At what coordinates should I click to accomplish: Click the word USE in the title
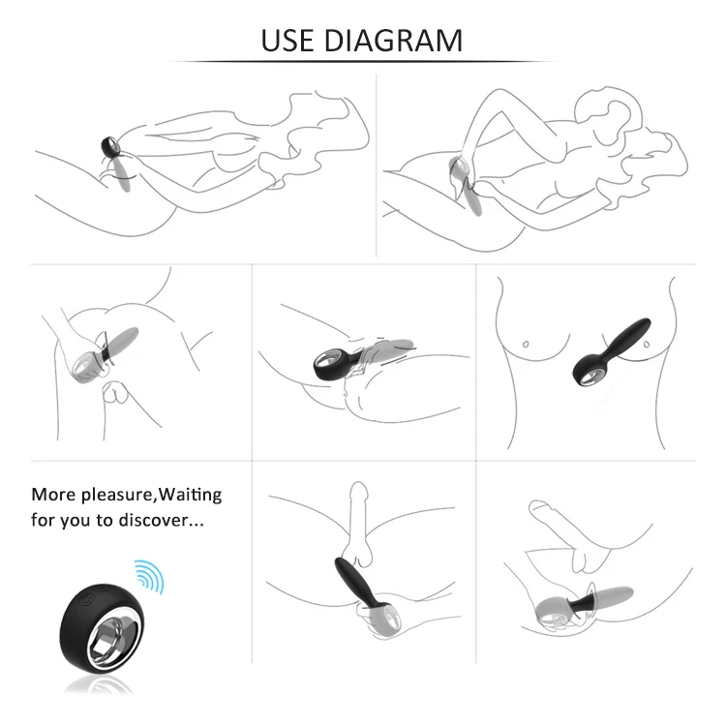coord(287,41)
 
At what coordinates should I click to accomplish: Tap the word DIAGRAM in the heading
coord(393,41)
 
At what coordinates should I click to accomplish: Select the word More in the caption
coord(53,495)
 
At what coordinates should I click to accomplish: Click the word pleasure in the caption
coord(116,496)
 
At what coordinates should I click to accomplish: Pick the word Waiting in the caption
coord(190,496)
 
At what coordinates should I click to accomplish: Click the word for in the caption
coord(43,520)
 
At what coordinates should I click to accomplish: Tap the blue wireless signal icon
coord(149,577)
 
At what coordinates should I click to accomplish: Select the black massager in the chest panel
coord(610,352)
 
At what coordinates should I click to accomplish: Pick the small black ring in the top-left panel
coord(110,146)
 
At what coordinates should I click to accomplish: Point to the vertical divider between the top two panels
coord(376,166)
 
